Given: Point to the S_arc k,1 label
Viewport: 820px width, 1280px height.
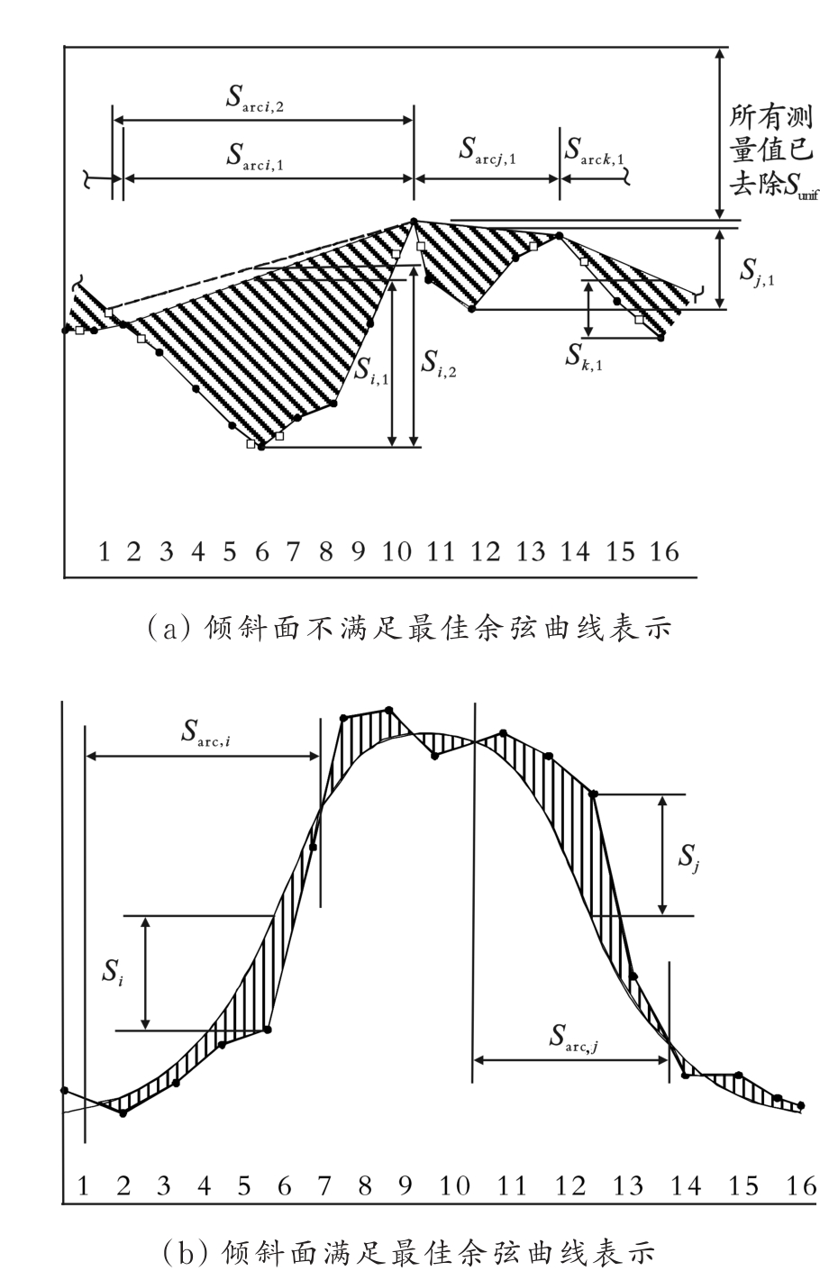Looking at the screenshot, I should tap(595, 151).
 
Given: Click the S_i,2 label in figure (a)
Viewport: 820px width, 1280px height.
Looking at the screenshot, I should tap(440, 362).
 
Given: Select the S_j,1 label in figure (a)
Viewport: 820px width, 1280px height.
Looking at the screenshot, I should tap(757, 269).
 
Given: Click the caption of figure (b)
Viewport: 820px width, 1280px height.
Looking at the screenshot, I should tap(410, 1253).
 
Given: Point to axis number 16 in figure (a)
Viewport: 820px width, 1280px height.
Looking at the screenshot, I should tap(664, 551).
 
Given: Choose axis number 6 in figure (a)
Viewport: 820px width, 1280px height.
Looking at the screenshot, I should tap(262, 551).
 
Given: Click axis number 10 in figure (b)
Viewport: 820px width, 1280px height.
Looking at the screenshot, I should tap(456, 1185).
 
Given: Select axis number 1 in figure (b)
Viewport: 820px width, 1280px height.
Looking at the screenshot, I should tap(83, 1185).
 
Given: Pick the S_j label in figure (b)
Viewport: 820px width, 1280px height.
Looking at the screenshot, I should tap(690, 854).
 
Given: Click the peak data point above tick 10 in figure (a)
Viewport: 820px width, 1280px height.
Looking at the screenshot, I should tap(414, 221).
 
